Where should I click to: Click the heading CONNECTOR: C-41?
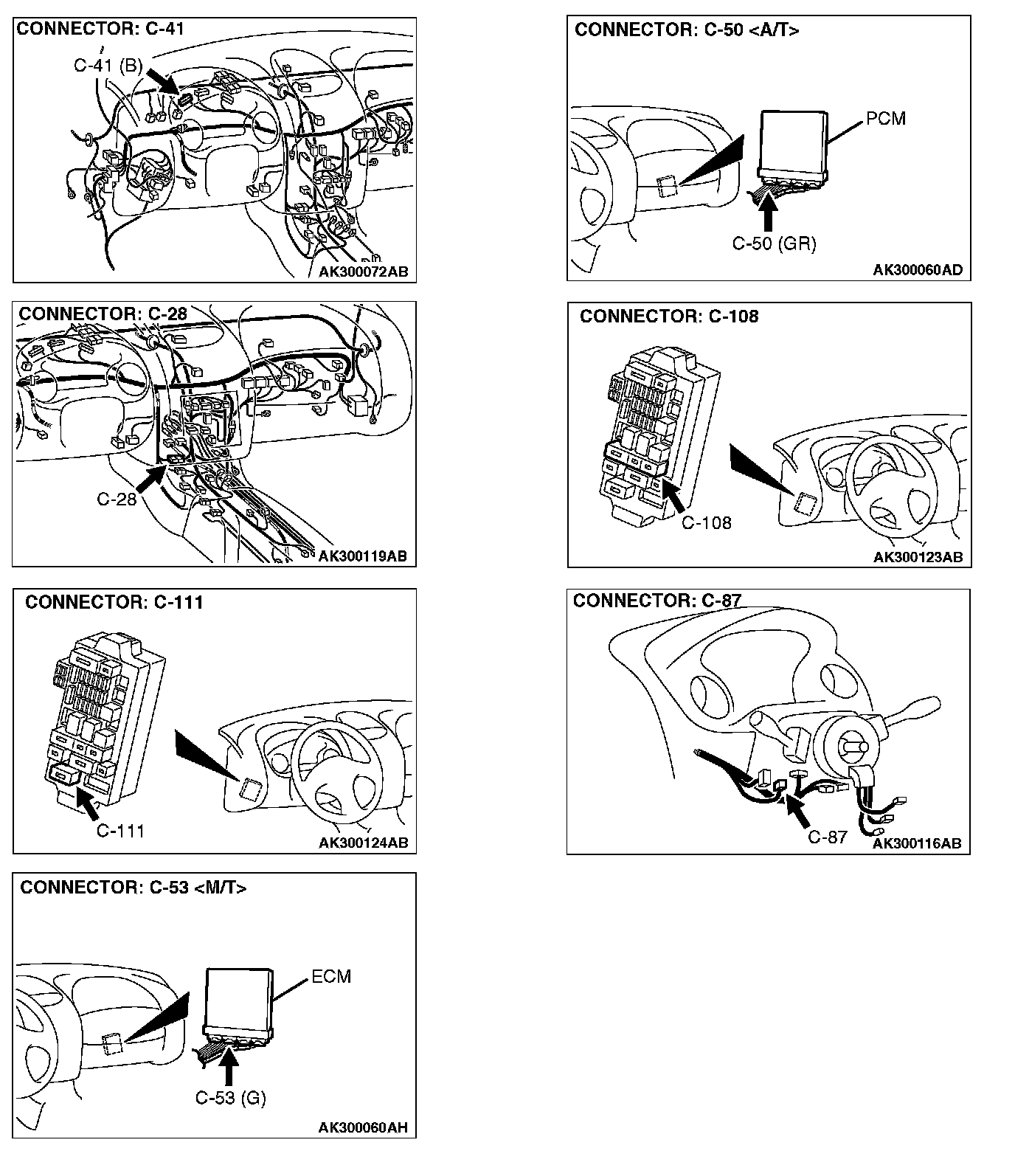(x=100, y=30)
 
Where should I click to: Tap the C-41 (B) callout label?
(x=108, y=66)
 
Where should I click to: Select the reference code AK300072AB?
(x=363, y=272)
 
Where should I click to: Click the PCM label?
(x=886, y=119)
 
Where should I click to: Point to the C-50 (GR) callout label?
(x=774, y=243)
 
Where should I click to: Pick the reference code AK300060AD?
(x=918, y=270)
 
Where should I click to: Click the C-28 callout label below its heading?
(x=117, y=500)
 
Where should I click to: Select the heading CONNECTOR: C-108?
(x=669, y=317)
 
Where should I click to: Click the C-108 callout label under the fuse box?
(x=706, y=523)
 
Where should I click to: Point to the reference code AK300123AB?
(x=918, y=557)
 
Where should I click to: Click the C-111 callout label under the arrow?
(x=120, y=831)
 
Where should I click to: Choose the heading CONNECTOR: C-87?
(x=657, y=601)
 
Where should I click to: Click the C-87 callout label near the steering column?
(x=828, y=837)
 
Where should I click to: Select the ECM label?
(x=331, y=976)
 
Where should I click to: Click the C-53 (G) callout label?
(x=230, y=1098)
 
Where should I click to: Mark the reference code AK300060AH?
(x=363, y=1127)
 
